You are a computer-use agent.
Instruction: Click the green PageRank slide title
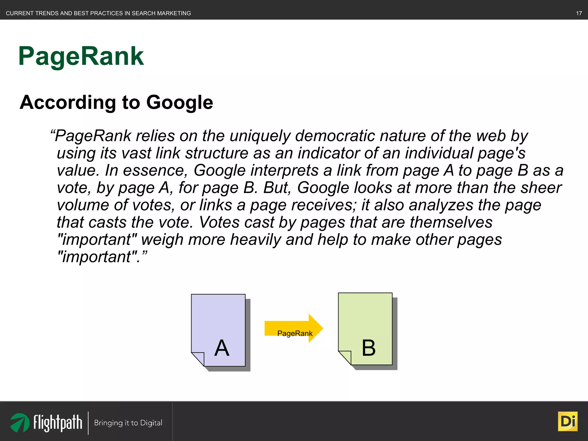pyautogui.click(x=81, y=56)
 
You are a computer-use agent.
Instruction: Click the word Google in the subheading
pyautogui.click(x=180, y=102)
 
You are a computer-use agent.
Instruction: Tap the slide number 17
pyautogui.click(x=579, y=13)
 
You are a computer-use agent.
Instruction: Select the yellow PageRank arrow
pyautogui.click(x=293, y=328)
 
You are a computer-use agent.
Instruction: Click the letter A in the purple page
pyautogui.click(x=222, y=348)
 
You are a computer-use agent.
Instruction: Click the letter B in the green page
pyautogui.click(x=369, y=348)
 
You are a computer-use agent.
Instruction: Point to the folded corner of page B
pyautogui.click(x=345, y=357)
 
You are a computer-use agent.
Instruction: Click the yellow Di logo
pyautogui.click(x=567, y=421)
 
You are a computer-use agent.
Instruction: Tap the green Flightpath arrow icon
pyautogui.click(x=20, y=422)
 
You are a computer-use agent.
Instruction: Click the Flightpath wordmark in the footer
pyautogui.click(x=58, y=423)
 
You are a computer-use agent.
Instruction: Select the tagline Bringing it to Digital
pyautogui.click(x=128, y=423)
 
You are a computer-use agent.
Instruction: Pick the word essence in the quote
pyautogui.click(x=155, y=170)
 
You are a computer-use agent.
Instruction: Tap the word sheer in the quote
pyautogui.click(x=541, y=188)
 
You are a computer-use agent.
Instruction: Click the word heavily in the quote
pyautogui.click(x=256, y=239)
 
